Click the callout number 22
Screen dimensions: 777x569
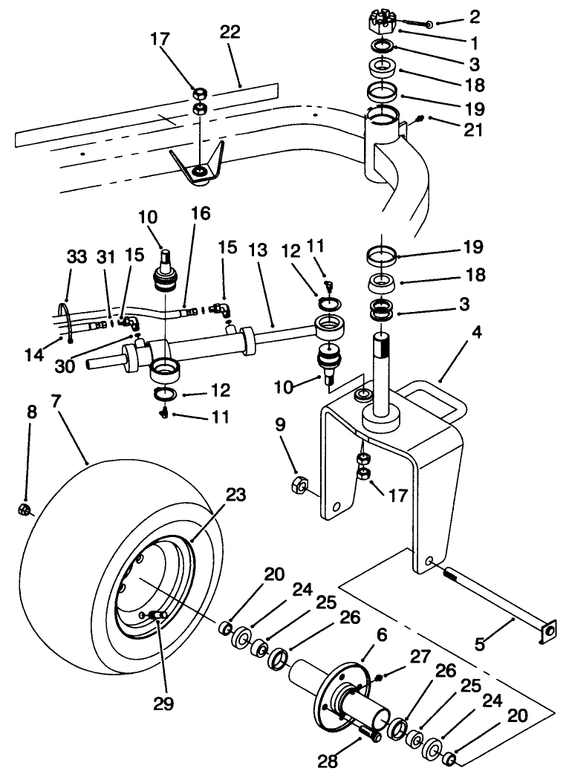click(230, 33)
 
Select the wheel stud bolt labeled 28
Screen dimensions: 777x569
click(369, 735)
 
